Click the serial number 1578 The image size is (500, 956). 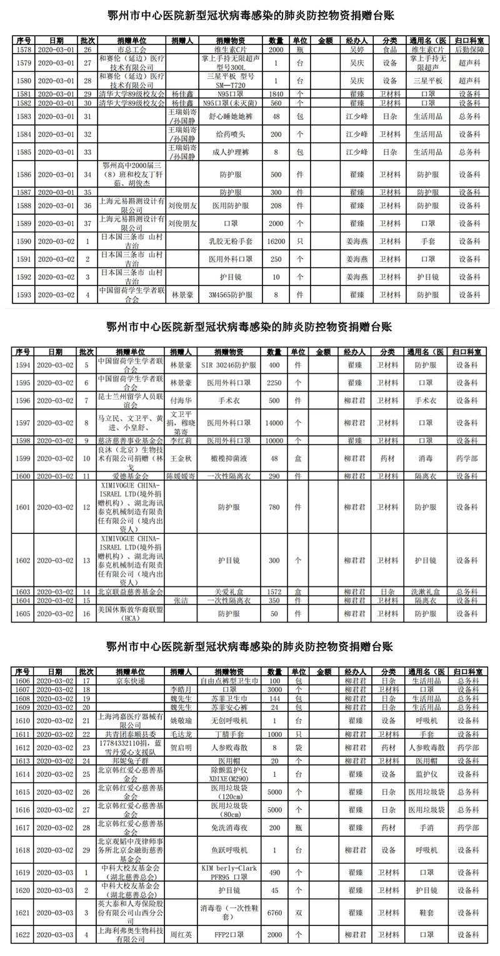tap(23, 48)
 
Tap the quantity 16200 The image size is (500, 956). tap(276, 240)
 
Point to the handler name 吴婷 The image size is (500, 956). tap(356, 48)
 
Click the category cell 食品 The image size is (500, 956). tap(390, 48)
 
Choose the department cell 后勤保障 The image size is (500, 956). tap(469, 48)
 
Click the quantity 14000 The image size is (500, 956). tap(276, 423)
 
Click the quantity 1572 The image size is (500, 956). tap(276, 591)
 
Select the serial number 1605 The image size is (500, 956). tap(23, 613)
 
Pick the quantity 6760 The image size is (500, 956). tap(276, 912)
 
